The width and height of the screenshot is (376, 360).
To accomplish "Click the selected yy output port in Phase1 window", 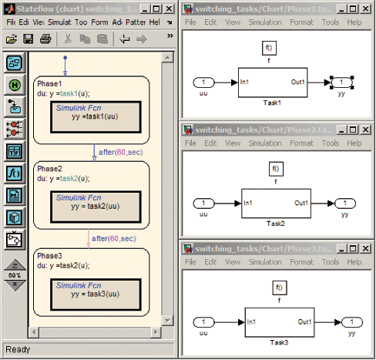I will pyautogui.click(x=341, y=81).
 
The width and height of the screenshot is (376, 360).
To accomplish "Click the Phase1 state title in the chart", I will pyautogui.click(x=50, y=82).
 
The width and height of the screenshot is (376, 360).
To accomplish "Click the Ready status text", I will pyautogui.click(x=17, y=349).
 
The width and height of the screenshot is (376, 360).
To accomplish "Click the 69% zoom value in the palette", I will pyautogui.click(x=15, y=275).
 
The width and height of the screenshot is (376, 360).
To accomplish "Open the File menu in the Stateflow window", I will pyautogui.click(x=11, y=22).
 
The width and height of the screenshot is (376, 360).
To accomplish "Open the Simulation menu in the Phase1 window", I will pyautogui.click(x=264, y=22).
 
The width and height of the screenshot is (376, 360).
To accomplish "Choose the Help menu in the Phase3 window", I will pyautogui.click(x=354, y=261).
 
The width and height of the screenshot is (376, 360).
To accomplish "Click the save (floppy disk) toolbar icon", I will pyautogui.click(x=28, y=39).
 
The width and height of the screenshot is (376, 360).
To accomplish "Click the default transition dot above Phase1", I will pyautogui.click(x=65, y=57).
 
